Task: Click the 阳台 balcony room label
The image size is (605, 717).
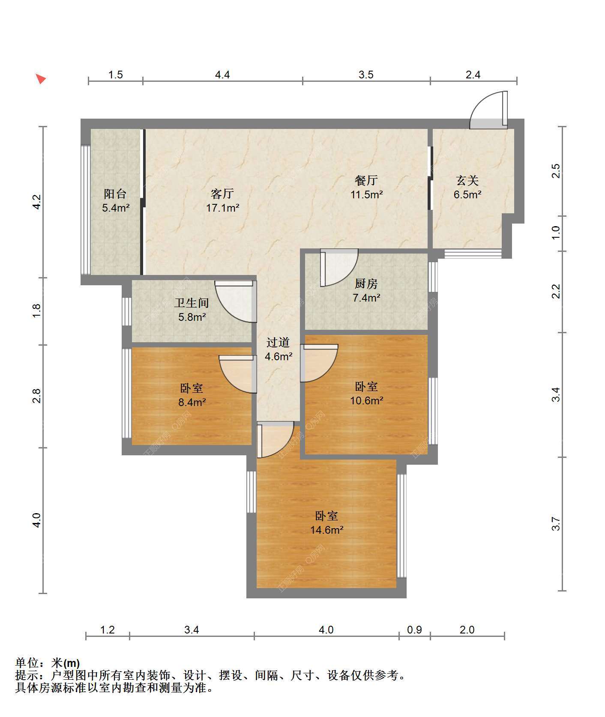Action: coord(115,194)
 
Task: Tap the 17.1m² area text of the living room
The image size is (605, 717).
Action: coord(222,208)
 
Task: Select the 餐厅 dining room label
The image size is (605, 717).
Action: coord(366,180)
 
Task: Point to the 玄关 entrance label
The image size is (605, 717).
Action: coord(467,180)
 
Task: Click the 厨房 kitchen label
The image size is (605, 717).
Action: coord(366,284)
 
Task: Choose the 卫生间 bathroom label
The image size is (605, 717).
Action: coord(192,303)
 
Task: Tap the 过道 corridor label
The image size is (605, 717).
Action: coord(278,342)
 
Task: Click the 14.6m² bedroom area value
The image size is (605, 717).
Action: coord(327,530)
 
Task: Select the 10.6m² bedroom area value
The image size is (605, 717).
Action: coord(367,400)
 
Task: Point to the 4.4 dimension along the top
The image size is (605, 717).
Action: coord(222,75)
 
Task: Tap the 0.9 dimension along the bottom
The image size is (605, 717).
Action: coord(414,630)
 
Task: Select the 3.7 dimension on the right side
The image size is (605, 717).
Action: coord(556,524)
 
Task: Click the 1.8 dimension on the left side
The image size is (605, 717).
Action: coord(37,311)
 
